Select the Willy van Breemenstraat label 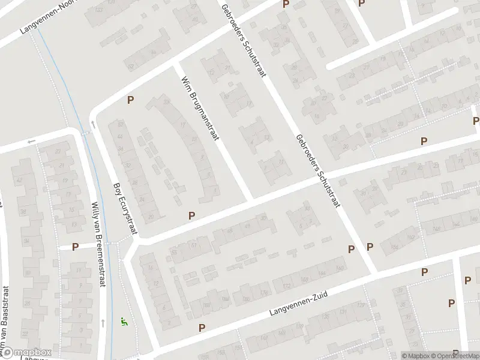tap(97, 245)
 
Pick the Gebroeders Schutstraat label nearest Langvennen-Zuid tap(317, 170)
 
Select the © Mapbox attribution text tap(416, 356)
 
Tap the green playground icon tap(125, 322)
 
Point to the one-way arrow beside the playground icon tap(103, 323)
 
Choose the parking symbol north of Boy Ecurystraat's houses tap(130, 100)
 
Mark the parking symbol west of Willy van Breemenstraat tap(76, 247)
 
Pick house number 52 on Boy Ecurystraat tap(121, 124)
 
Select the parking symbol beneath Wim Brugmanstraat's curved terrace tap(192, 215)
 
